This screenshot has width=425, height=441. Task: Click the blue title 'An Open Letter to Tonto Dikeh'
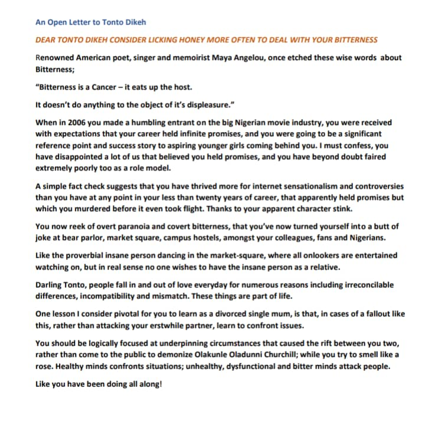90,22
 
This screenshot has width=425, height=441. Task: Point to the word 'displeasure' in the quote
204,105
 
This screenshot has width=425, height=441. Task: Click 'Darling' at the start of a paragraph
50,285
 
